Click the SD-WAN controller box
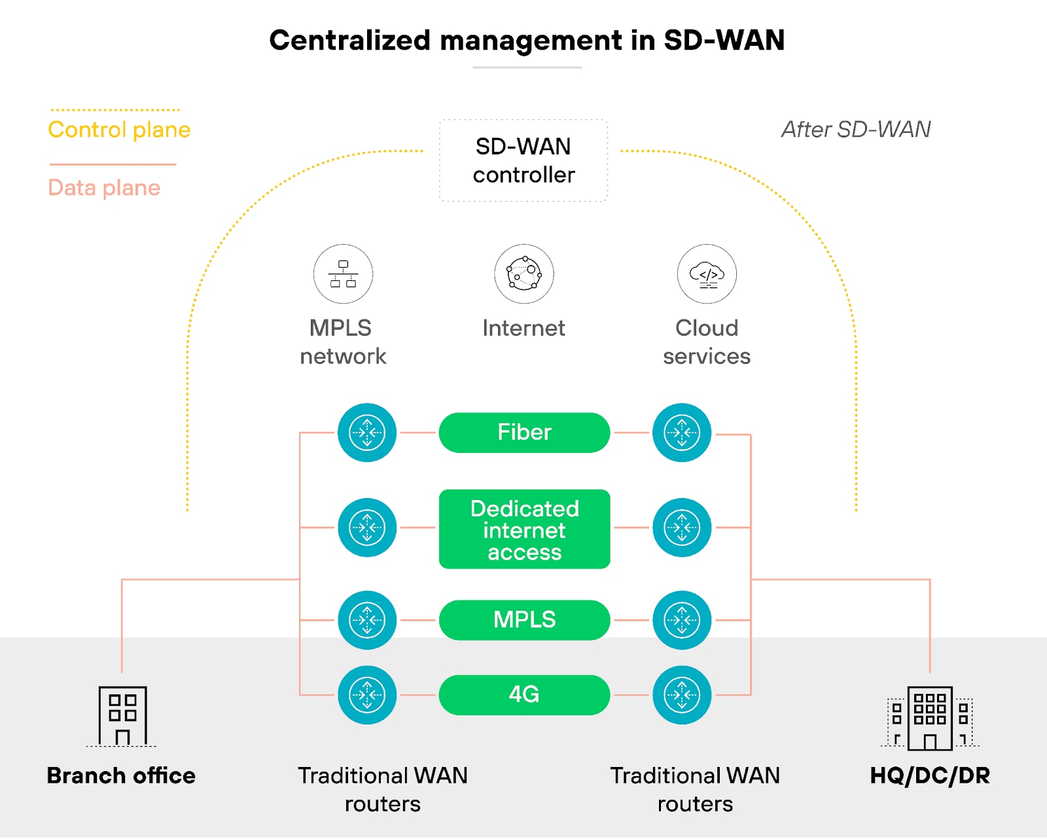523,160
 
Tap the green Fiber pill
524,433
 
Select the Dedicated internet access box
524,529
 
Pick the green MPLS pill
524,620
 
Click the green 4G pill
524,694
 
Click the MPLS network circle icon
343,274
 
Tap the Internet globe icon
523,274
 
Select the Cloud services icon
707,274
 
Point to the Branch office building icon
122,716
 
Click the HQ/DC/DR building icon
930,717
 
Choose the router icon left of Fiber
367,433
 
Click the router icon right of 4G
682,694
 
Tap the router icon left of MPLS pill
367,620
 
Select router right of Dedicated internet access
682,527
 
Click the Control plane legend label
119,130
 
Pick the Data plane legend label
104,188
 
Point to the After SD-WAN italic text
856,130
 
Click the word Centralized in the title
349,41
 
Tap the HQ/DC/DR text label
930,776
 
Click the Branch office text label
121,776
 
